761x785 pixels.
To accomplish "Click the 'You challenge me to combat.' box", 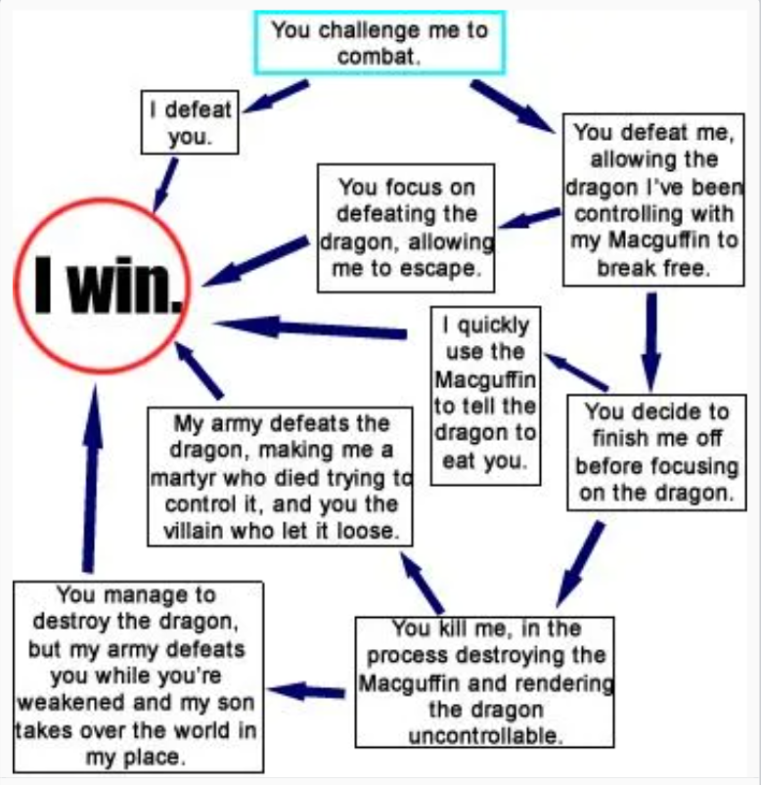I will (380, 43).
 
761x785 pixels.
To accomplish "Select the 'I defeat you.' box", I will (190, 123).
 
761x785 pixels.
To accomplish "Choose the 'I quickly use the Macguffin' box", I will (485, 393).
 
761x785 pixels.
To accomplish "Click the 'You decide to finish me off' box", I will (655, 453).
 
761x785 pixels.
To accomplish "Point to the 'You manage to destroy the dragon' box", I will (138, 676).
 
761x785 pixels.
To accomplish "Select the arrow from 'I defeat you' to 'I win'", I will (166, 184).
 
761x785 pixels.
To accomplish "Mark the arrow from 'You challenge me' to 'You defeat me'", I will (510, 106).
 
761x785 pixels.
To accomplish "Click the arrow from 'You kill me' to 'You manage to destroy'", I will (307, 692).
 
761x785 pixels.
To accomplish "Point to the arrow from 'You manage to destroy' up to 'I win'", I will (91, 479).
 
